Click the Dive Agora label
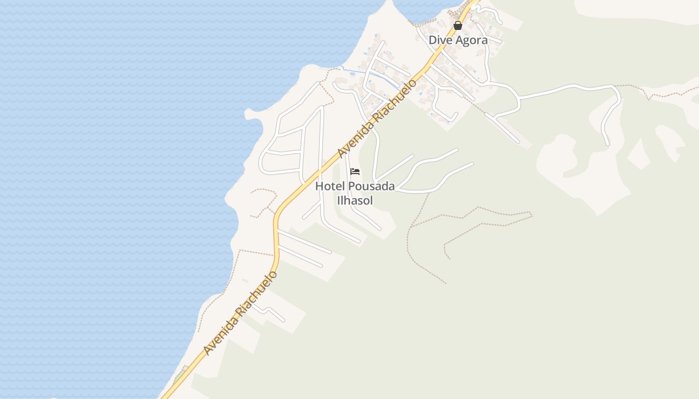pos(458,40)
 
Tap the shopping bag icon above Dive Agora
pos(458,25)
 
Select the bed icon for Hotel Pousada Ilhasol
pos(355,172)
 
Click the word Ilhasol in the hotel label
pos(355,200)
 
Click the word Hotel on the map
pos(330,187)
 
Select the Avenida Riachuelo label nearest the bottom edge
pos(240,313)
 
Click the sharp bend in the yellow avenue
pos(276,214)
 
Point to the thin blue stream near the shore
pos(369,75)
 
